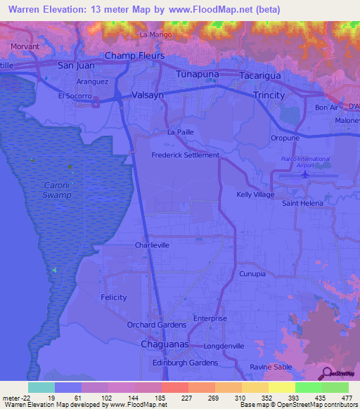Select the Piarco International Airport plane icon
305,174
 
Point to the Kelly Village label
255,194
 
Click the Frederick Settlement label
186,155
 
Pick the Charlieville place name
153,245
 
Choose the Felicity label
113,298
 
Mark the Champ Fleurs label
134,56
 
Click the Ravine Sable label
270,368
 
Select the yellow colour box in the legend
282,387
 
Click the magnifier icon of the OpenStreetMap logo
326,373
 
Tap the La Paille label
180,132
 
